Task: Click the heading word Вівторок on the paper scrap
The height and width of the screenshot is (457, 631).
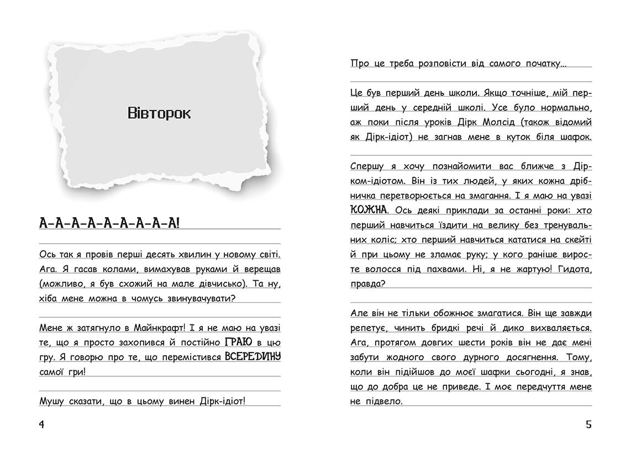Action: click(159, 114)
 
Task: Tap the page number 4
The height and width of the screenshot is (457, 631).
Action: click(41, 424)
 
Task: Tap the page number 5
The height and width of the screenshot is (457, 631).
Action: click(588, 424)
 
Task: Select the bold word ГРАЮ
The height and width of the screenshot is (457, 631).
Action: click(239, 342)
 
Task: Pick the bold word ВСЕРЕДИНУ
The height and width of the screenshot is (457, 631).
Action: click(253, 356)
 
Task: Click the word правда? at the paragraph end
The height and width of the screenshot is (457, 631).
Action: click(367, 283)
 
